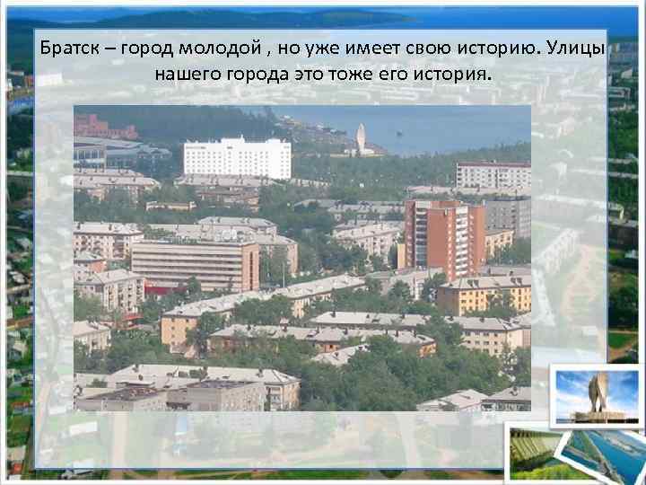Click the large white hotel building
pyautogui.click(x=237, y=157)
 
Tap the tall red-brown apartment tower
pyautogui.click(x=443, y=235)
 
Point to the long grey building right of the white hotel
pyautogui.click(x=493, y=175)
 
